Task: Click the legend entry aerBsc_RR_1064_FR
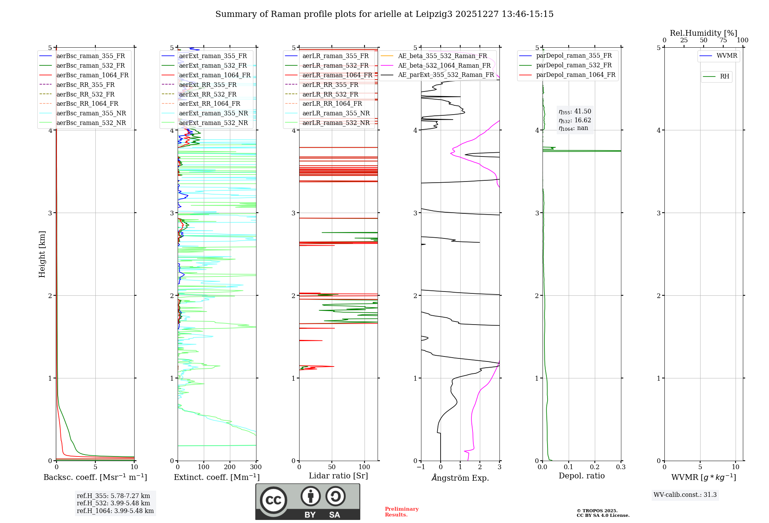[87, 104]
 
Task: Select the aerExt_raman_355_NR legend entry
[213, 113]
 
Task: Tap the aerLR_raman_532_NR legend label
[336, 123]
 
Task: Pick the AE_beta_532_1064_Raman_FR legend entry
[444, 66]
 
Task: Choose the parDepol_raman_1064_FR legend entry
[576, 75]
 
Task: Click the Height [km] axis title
[42, 254]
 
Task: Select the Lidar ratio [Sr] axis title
[338, 476]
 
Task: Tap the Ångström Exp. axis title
[460, 478]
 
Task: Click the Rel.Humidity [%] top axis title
[703, 33]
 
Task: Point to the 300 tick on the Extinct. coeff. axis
[256, 467]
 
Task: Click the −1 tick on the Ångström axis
[421, 467]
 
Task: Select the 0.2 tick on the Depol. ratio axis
[595, 467]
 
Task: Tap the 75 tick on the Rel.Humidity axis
[723, 40]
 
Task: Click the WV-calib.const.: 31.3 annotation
[685, 495]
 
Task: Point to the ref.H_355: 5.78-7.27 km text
[113, 496]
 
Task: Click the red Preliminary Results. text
[401, 512]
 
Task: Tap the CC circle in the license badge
[273, 500]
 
